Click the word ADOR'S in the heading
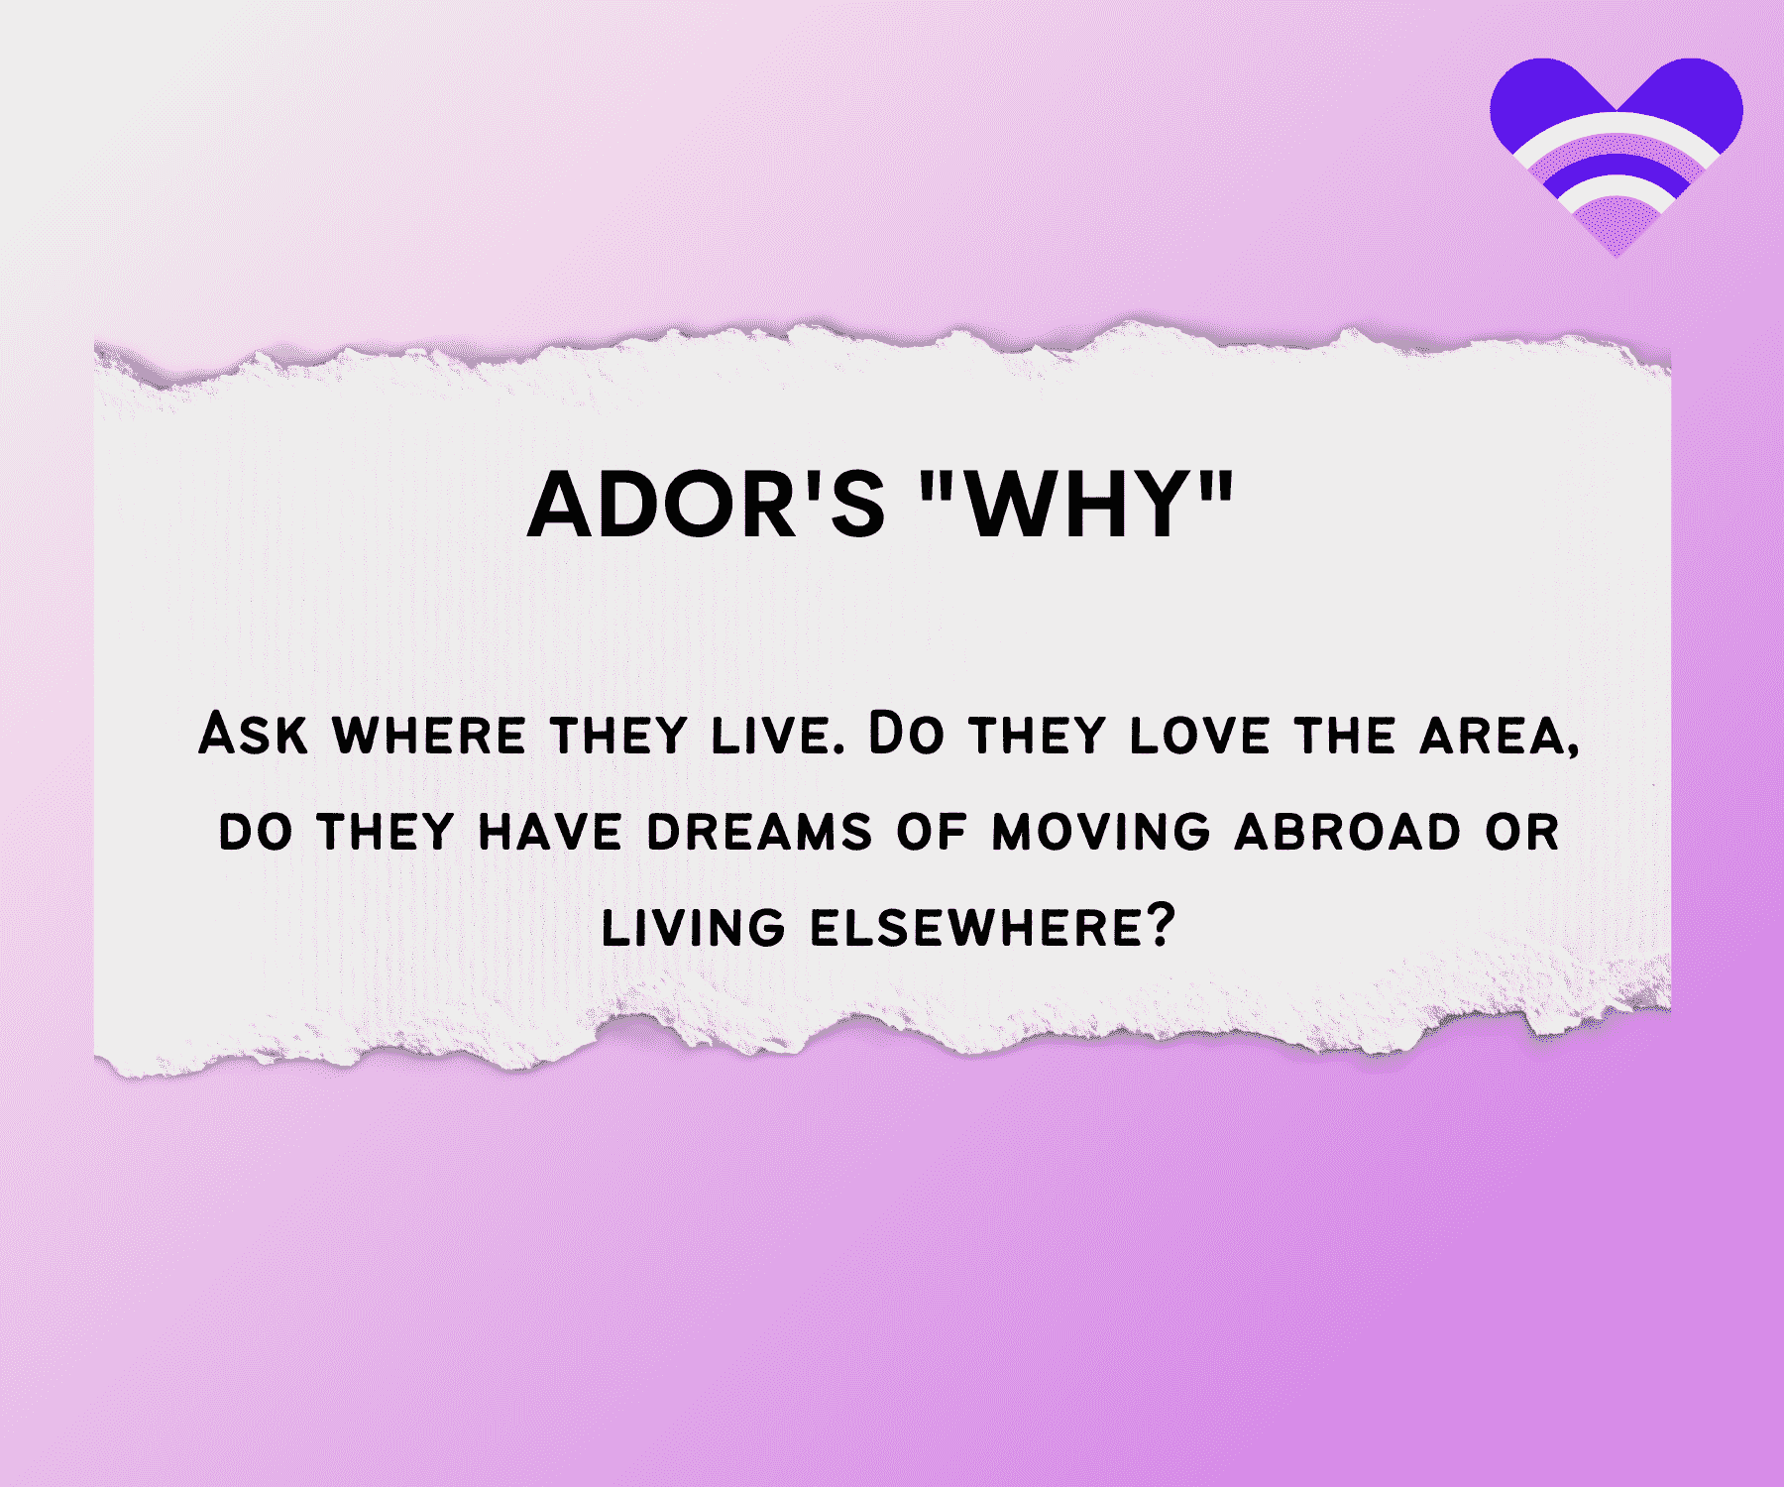coord(706,505)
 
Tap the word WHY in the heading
coord(1077,505)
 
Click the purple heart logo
coord(1617,157)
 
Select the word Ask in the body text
coord(253,735)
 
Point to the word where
coord(429,737)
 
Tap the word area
coord(1491,737)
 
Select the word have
coord(550,832)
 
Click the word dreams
coord(759,832)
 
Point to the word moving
coord(1101,832)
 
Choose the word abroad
coord(1348,832)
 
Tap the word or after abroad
coord(1522,832)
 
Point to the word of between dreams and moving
coord(932,832)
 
